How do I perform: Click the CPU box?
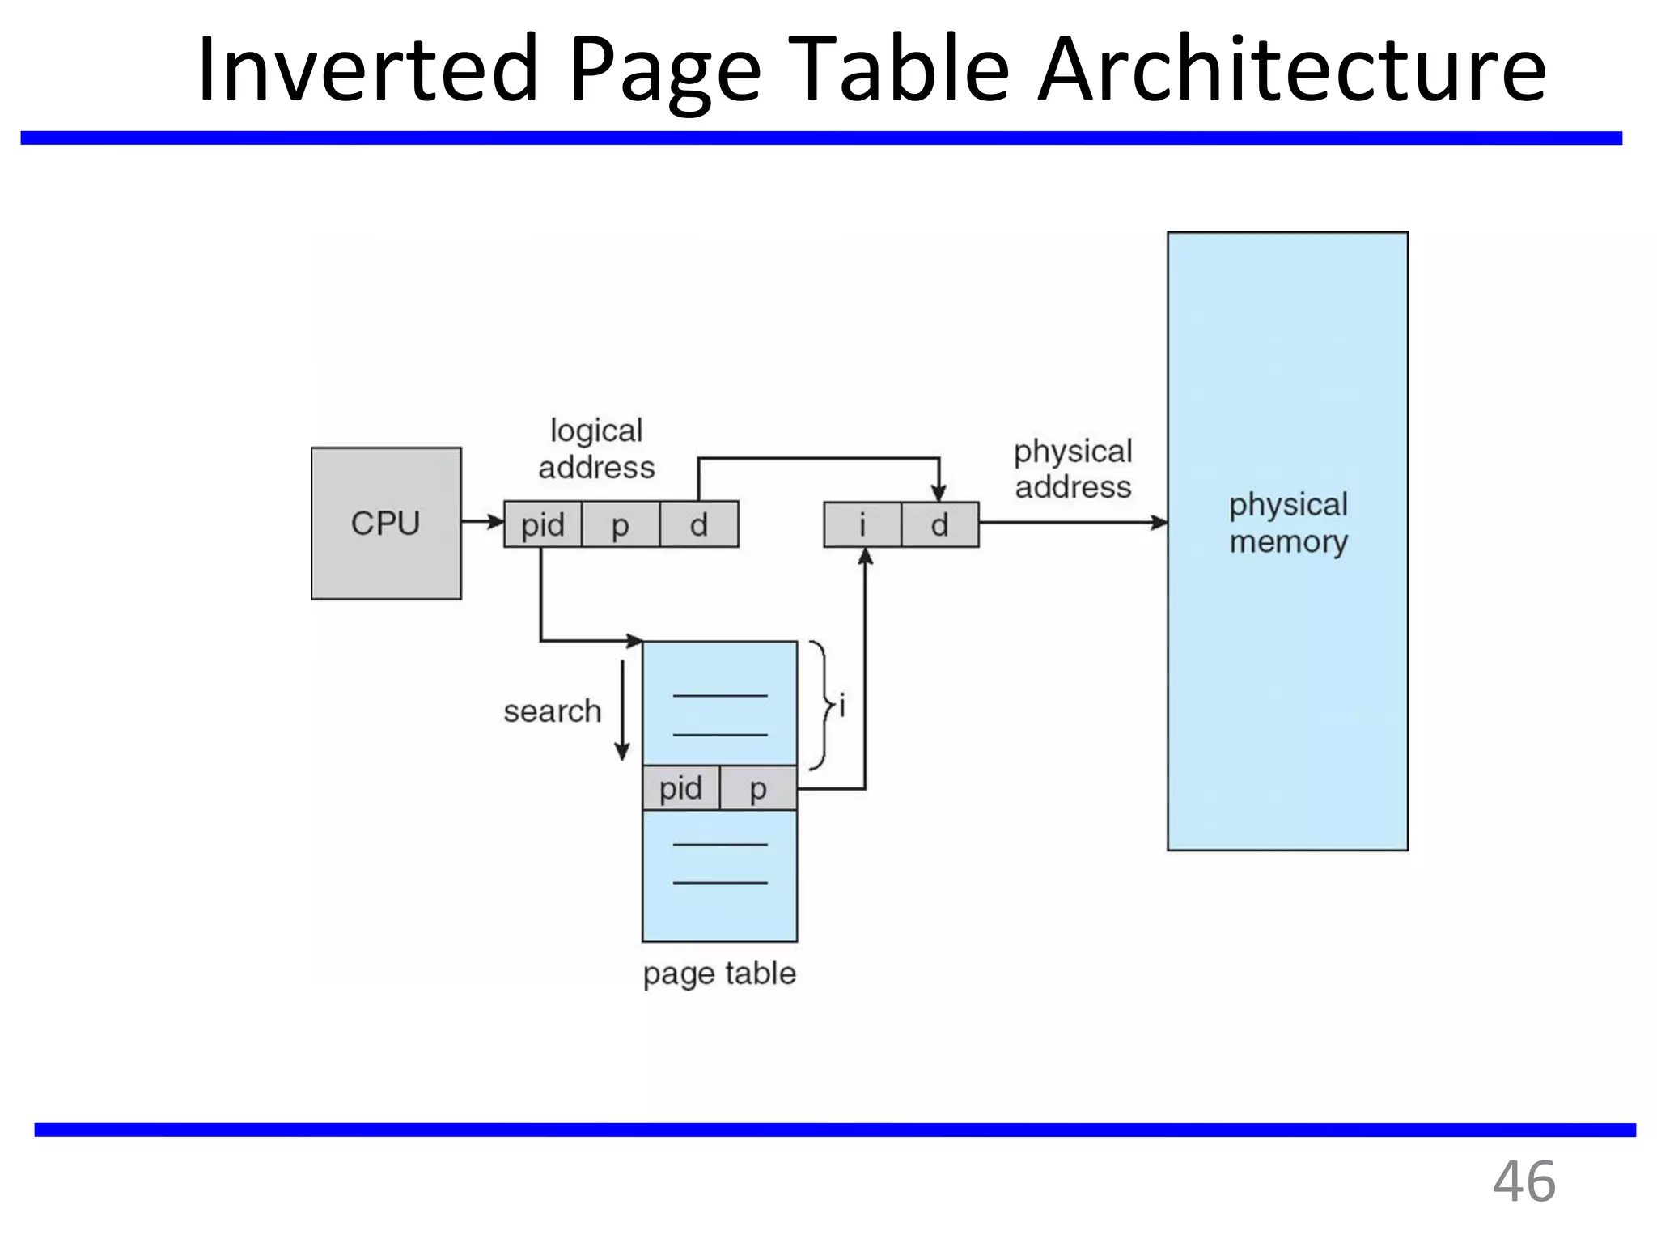(x=386, y=523)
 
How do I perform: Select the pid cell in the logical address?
(x=542, y=524)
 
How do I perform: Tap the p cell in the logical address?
(x=620, y=524)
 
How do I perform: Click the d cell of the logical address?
(x=698, y=524)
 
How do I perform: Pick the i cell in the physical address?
(x=862, y=524)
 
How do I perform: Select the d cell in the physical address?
(x=939, y=524)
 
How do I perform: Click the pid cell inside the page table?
(x=680, y=787)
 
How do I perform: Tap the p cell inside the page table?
(x=757, y=787)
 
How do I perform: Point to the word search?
(x=552, y=711)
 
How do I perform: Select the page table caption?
(x=718, y=973)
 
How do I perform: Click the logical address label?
(x=596, y=449)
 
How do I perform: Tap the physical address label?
(x=1073, y=469)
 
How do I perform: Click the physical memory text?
(x=1288, y=523)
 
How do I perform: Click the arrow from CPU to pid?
(x=482, y=522)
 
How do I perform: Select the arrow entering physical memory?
(x=1072, y=523)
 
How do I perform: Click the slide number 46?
(x=1524, y=1181)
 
